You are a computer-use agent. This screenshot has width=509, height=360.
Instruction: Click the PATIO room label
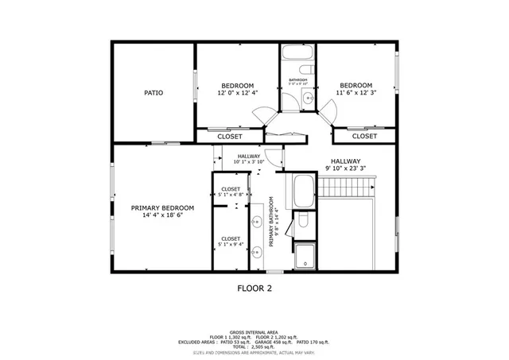coord(153,93)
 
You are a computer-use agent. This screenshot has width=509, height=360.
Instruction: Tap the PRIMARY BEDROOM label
coord(162,207)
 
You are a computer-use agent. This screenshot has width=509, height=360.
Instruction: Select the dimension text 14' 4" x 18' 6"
coord(162,215)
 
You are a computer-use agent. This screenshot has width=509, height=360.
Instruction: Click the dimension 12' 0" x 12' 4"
coord(237,93)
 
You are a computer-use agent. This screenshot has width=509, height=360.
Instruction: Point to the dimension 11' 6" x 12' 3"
coord(356,93)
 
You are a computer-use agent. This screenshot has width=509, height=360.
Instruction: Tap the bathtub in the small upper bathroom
coord(298,54)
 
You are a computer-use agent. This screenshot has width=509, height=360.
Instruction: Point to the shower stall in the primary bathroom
coord(304,256)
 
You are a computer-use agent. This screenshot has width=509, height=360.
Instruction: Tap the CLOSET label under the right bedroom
coord(364,136)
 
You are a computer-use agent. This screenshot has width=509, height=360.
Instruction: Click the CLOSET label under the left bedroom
coord(229,136)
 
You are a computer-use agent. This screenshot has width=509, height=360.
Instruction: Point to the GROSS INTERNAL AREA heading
coord(254,331)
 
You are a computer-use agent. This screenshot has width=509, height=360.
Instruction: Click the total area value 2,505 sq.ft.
coord(262,346)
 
